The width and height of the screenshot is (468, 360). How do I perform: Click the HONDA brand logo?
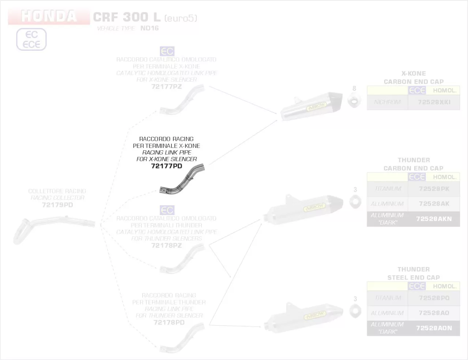click(x=49, y=16)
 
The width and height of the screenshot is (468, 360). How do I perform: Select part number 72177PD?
click(x=166, y=166)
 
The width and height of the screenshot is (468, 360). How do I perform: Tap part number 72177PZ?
click(x=166, y=87)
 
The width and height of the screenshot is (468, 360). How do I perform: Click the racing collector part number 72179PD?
click(x=57, y=205)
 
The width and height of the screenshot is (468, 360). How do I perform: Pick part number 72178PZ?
click(x=166, y=245)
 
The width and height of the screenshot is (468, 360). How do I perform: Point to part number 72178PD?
click(x=169, y=322)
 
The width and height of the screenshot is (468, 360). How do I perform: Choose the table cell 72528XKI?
click(x=434, y=102)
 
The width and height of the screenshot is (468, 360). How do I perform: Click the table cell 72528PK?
click(x=434, y=189)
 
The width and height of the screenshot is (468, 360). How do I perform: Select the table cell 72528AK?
click(x=434, y=204)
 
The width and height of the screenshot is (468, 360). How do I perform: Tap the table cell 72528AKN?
click(x=434, y=219)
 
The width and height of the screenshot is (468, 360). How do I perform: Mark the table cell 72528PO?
click(x=434, y=298)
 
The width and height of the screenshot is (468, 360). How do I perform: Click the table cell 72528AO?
click(x=434, y=313)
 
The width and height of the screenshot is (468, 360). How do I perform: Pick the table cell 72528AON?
click(x=434, y=328)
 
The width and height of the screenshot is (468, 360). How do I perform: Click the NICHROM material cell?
click(x=387, y=102)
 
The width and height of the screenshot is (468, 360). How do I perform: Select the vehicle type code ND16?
click(x=150, y=28)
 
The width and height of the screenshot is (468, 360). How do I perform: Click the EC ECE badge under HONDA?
click(x=31, y=40)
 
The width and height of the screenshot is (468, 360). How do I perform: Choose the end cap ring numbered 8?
click(x=354, y=101)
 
